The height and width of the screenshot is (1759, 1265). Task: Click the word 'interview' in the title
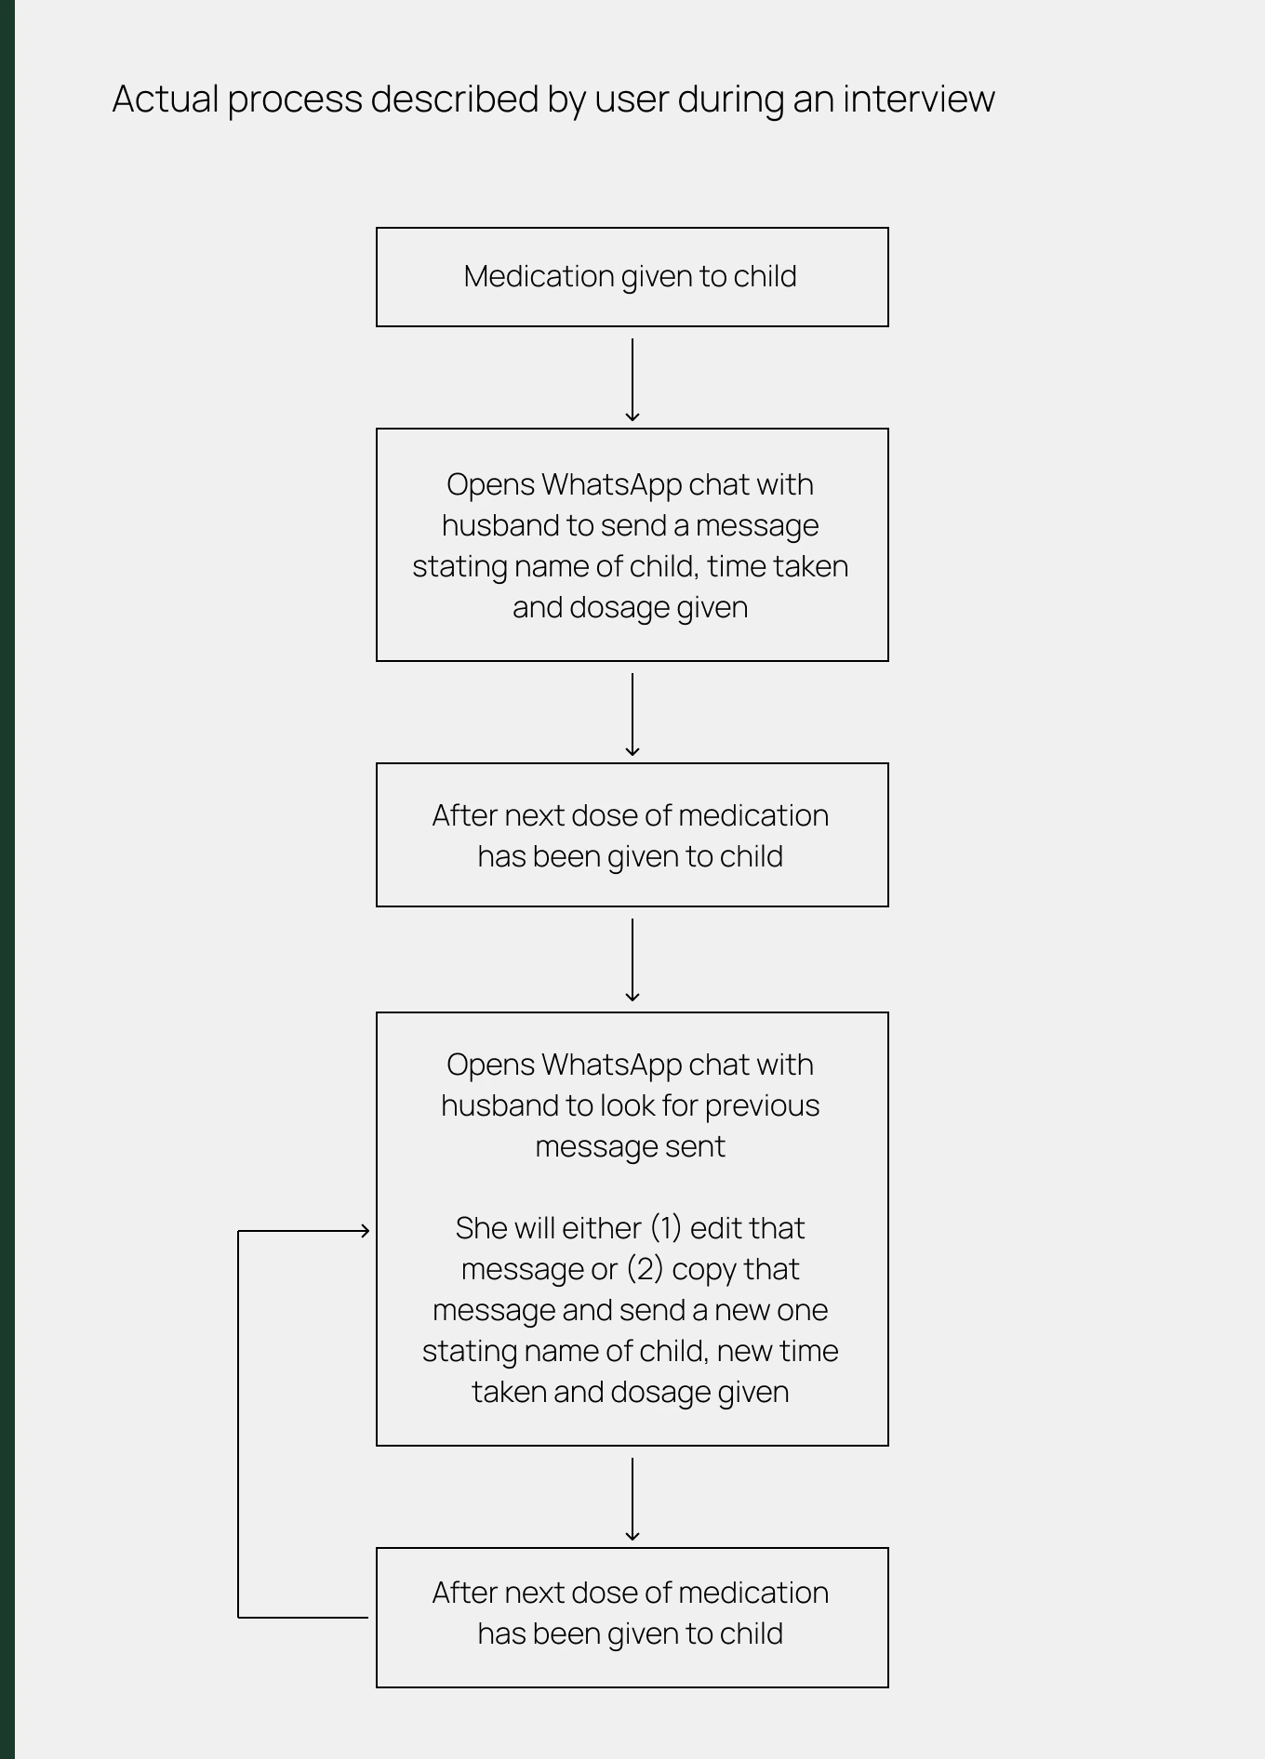pos(919,99)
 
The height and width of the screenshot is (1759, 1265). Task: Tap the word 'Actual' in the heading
pos(165,99)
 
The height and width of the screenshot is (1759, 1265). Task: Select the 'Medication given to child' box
pos(632,277)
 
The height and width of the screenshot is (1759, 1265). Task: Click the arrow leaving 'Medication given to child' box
pos(632,380)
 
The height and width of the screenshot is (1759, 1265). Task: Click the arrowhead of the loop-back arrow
pos(366,1231)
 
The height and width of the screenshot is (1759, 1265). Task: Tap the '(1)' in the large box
pos(666,1228)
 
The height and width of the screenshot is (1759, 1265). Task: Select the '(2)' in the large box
pos(645,1269)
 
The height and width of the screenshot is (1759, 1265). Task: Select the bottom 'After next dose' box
pos(632,1618)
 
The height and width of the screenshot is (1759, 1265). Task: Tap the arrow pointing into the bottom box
pos(632,1500)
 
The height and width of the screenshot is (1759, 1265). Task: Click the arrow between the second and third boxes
pos(632,715)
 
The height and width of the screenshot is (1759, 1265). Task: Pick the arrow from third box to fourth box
pos(632,960)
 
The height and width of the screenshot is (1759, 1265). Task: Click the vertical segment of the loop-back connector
pos(238,1424)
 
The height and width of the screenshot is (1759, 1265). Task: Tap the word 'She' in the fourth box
pos(481,1228)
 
